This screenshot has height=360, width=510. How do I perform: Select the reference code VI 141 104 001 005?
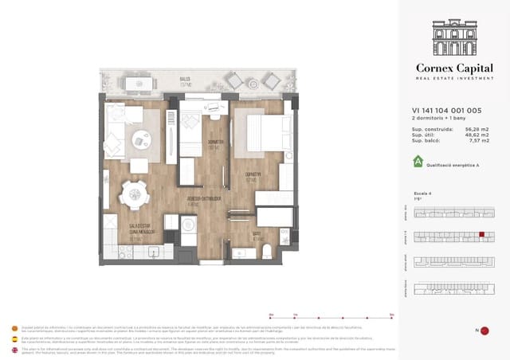point(445,112)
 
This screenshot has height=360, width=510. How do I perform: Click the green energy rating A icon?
point(417,162)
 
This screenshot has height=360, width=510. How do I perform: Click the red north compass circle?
point(484,331)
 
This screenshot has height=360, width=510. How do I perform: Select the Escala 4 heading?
point(422,193)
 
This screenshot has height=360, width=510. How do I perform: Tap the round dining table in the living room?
point(133,192)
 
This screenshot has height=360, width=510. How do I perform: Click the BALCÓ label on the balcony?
point(185,80)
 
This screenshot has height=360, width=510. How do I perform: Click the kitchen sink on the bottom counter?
point(151,252)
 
